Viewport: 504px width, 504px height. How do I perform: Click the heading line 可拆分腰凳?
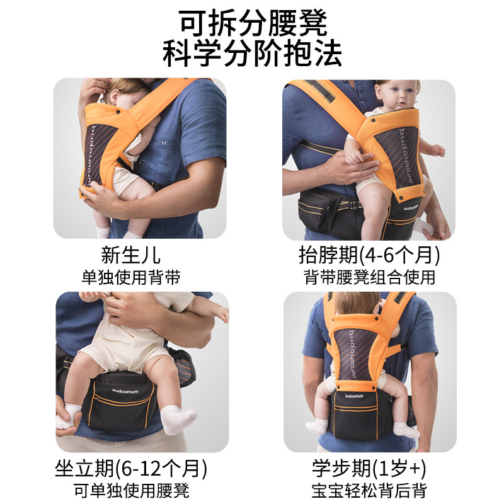click(252, 24)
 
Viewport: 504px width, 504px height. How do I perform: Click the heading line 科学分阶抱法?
click(252, 54)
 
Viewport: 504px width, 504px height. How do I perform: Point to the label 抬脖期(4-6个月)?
click(369, 256)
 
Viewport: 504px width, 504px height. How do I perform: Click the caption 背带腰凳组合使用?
click(369, 277)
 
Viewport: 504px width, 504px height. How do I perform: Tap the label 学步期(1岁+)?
click(369, 469)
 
